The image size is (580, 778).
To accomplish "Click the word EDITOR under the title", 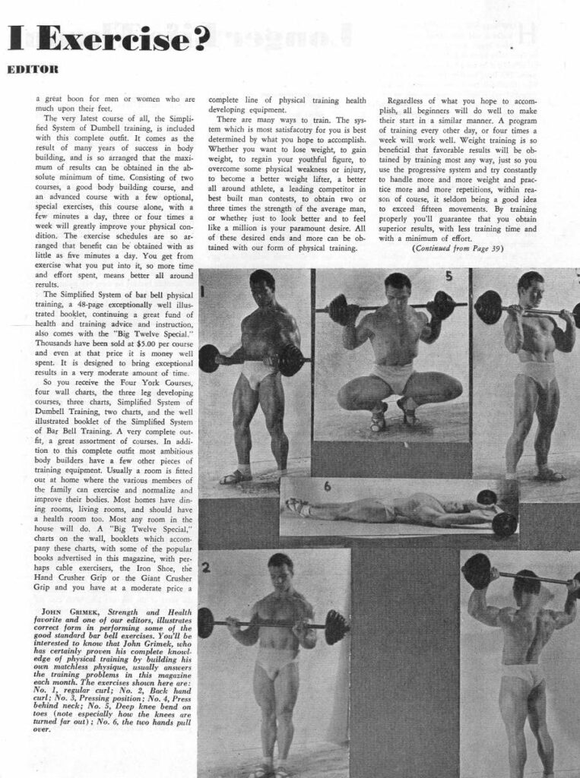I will pos(33,69).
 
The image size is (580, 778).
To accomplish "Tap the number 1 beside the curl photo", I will pos(204,290).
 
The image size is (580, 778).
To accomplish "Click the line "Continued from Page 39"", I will pos(460,248).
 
